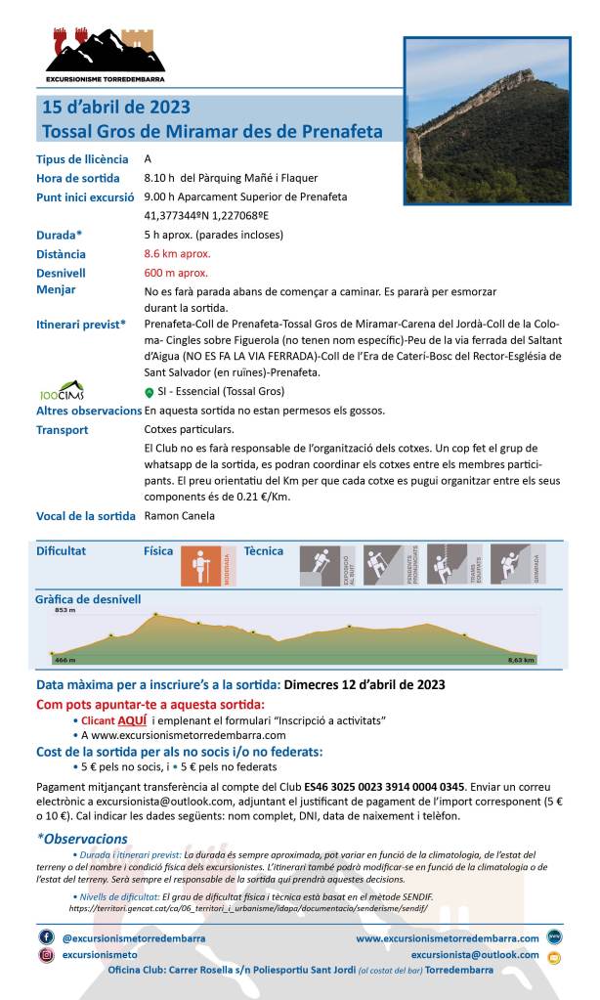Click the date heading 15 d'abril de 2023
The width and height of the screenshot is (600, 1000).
click(116, 108)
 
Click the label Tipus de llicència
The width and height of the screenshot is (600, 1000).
click(82, 159)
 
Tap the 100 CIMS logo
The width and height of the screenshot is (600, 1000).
click(62, 391)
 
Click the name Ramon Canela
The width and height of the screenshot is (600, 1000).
click(179, 516)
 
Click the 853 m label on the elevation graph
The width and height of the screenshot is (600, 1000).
click(64, 611)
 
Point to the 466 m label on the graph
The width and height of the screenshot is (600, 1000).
click(64, 660)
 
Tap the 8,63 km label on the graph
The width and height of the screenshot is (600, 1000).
click(522, 661)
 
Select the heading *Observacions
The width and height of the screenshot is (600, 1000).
click(82, 839)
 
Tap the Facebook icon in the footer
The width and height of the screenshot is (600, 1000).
click(46, 936)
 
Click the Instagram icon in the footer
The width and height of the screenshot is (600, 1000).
click(46, 955)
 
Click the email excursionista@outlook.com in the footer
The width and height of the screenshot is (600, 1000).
click(475, 955)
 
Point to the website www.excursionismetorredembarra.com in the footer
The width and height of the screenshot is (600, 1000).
click(447, 938)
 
